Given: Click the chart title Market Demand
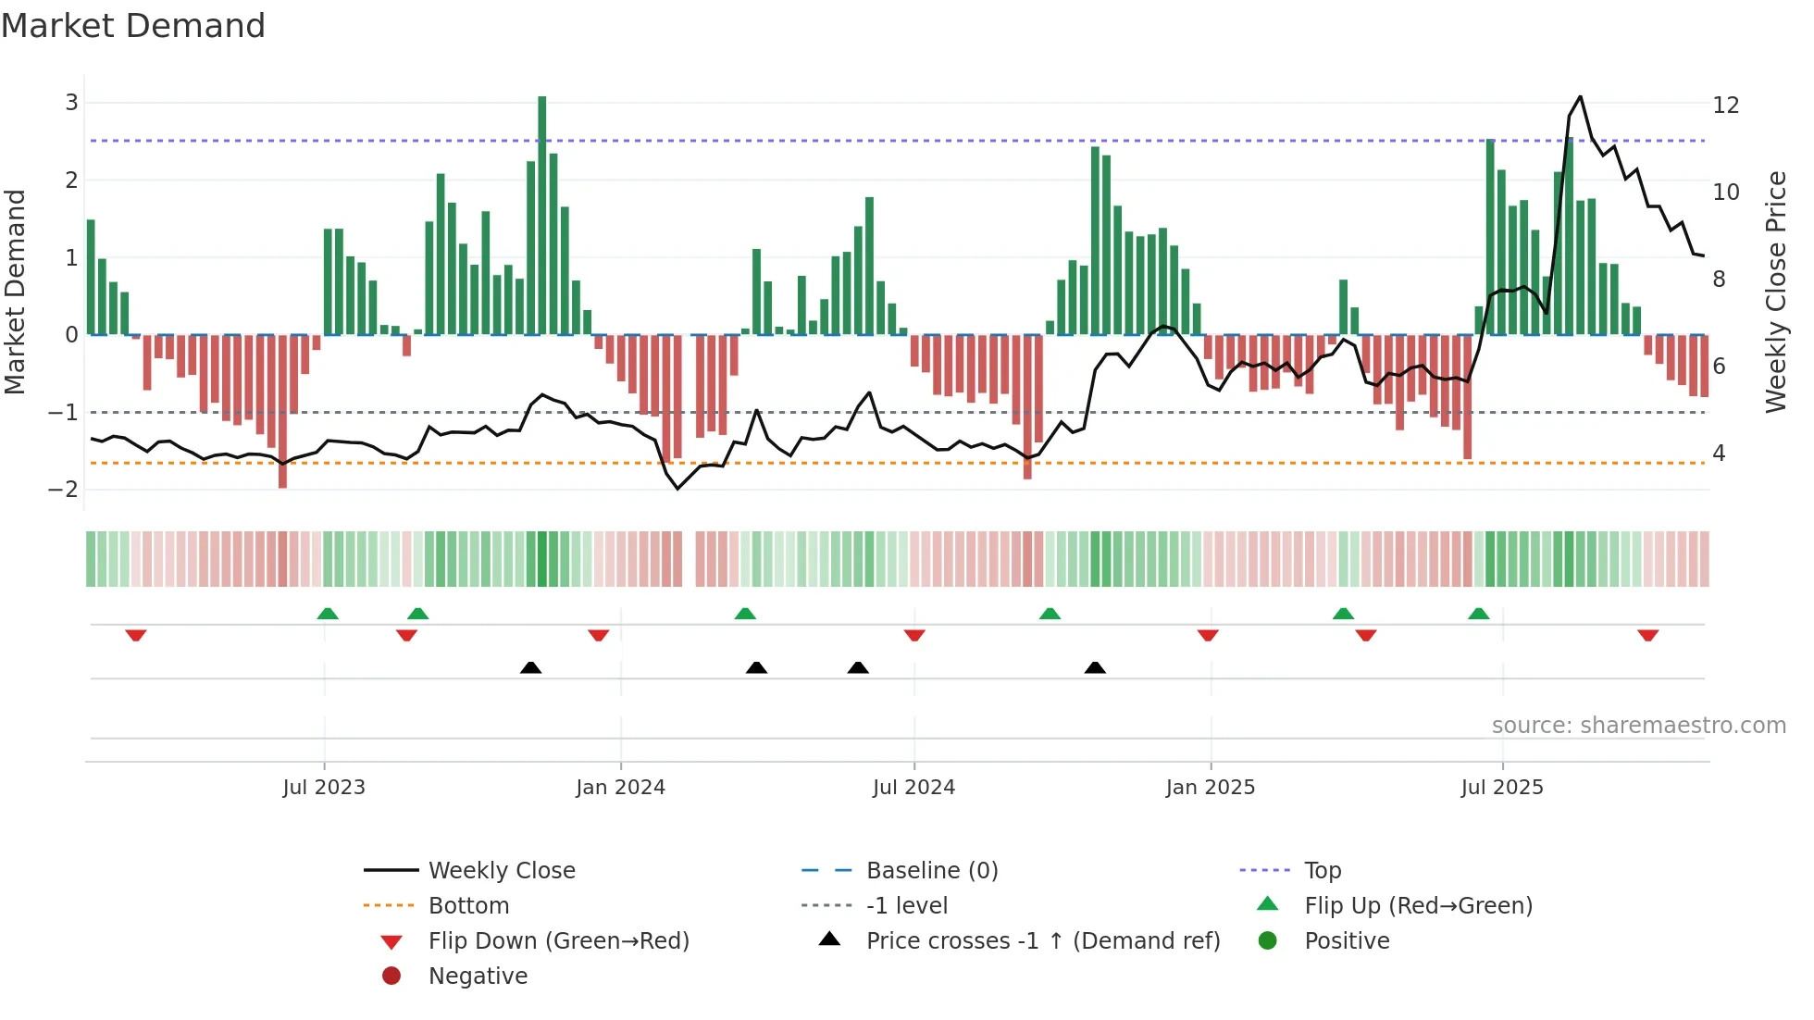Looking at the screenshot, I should tap(133, 26).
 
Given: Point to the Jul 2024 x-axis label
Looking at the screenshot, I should tap(913, 788).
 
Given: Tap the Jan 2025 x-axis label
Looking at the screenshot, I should tap(1210, 788).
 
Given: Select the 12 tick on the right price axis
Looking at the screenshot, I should tap(1725, 106).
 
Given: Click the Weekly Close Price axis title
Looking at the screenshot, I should tap(1775, 292).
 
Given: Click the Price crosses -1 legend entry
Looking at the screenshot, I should tap(1042, 941).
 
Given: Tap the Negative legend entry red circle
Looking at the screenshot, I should tap(391, 976).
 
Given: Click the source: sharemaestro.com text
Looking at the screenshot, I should tap(1638, 726).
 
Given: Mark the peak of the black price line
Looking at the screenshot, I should tap(1580, 96).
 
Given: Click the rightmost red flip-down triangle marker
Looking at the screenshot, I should tap(1647, 635).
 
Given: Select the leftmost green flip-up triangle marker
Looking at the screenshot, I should tap(328, 614).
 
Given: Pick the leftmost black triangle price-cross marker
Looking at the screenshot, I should tap(530, 667).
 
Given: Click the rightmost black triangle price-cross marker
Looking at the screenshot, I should tap(1095, 667).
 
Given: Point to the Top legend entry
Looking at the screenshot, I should tap(1322, 871).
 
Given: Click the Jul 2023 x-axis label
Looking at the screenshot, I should tap(324, 788).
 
